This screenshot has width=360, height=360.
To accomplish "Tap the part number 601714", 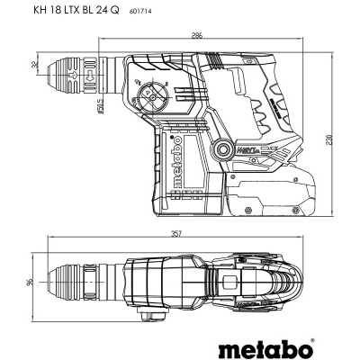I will coord(166,12).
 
